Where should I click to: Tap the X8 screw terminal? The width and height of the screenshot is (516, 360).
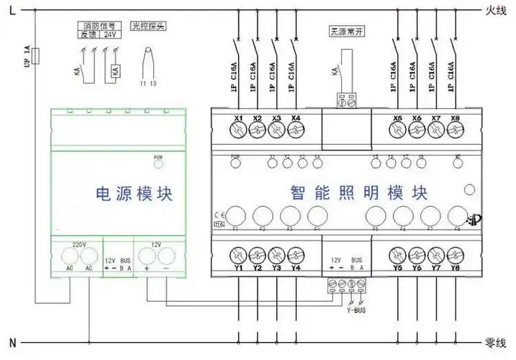click(x=454, y=130)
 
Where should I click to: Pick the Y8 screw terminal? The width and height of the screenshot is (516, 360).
click(x=454, y=254)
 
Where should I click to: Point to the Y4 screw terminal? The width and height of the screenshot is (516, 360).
click(x=296, y=254)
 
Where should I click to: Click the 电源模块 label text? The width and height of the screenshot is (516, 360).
click(x=135, y=193)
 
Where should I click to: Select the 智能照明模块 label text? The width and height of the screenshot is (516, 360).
click(x=359, y=193)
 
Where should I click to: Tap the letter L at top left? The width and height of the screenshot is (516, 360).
click(x=13, y=10)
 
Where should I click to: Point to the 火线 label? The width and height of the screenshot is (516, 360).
click(x=497, y=10)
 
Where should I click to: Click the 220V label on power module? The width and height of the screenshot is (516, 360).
click(x=79, y=245)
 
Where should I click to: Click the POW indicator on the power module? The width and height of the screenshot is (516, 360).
click(x=158, y=158)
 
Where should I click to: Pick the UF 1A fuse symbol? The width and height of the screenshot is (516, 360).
click(x=36, y=55)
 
